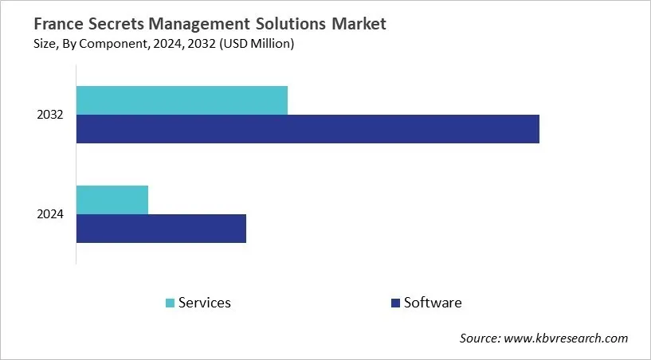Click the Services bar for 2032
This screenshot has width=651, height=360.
(182, 100)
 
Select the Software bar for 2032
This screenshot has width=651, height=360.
(308, 129)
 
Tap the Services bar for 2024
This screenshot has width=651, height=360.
(112, 199)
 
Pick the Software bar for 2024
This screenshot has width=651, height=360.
(161, 229)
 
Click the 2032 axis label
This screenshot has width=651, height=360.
(49, 115)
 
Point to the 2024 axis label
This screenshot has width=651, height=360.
(49, 214)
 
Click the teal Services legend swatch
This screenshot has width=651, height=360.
(170, 303)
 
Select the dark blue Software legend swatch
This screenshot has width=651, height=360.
(395, 303)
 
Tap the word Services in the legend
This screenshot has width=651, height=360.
(205, 303)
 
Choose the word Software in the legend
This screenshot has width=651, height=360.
(433, 303)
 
